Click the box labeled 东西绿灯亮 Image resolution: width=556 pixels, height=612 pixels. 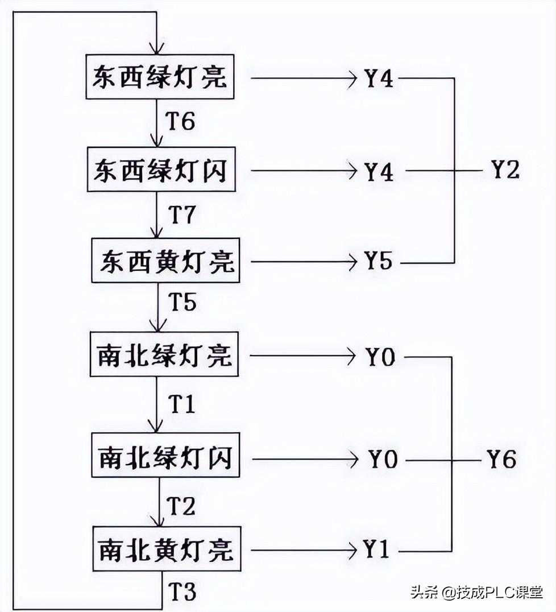click(160, 77)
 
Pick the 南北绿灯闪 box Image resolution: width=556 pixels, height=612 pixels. click(165, 457)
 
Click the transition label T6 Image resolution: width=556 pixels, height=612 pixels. click(180, 121)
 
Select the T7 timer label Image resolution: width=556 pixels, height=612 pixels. click(182, 214)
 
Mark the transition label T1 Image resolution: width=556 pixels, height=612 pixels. click(182, 404)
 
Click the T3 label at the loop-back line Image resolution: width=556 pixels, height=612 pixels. click(182, 593)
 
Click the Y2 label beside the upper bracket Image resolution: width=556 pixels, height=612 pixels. click(505, 169)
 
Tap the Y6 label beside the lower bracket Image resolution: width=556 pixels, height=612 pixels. click(501, 458)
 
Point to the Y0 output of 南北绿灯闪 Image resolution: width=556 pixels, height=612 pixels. click(382, 459)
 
